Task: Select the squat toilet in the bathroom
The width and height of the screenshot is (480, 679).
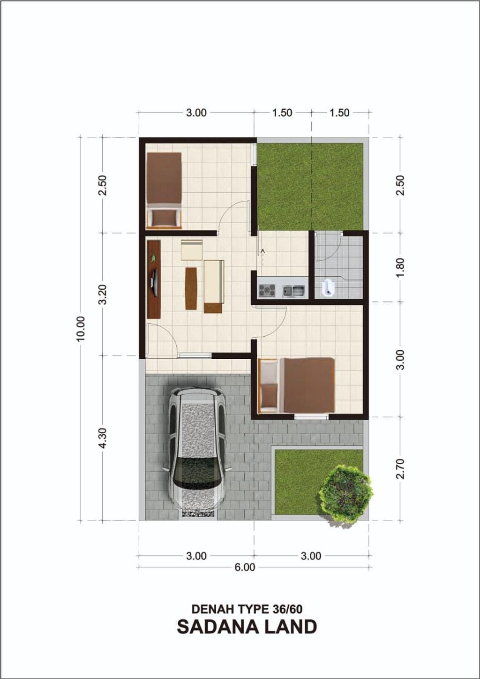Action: tap(327, 287)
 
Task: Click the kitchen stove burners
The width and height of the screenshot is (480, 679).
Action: tap(267, 291)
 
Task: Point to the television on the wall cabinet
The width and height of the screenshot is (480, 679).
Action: tap(154, 282)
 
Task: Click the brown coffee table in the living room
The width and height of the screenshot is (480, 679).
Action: tap(191, 288)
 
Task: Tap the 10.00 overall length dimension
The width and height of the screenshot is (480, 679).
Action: tap(81, 328)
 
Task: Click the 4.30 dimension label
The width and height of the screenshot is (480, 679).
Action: tap(103, 438)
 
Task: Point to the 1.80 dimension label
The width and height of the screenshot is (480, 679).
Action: tap(401, 267)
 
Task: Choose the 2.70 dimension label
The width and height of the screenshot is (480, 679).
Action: tap(401, 468)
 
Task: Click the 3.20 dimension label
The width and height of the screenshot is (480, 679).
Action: tap(103, 294)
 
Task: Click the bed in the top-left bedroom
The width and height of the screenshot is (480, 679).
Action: tap(164, 190)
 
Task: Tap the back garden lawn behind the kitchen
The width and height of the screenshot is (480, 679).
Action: tap(310, 187)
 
